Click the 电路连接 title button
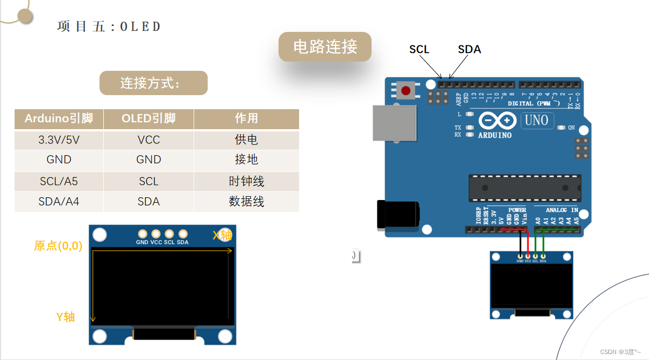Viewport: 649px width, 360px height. click(x=325, y=46)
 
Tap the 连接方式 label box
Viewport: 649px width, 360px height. click(x=154, y=83)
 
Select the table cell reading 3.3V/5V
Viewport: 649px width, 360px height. click(x=59, y=140)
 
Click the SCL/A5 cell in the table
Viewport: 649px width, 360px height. click(x=59, y=182)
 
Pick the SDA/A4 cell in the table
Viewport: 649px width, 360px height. click(x=59, y=202)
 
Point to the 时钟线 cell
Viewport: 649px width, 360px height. click(x=246, y=182)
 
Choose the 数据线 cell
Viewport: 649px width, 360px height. click(x=246, y=202)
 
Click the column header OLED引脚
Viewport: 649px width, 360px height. click(x=149, y=118)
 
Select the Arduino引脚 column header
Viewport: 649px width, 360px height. click(x=59, y=118)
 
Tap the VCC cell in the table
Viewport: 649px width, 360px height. click(x=149, y=140)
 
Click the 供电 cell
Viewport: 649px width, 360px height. click(x=246, y=140)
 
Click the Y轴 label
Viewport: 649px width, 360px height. click(x=65, y=317)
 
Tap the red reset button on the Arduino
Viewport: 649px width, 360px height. click(x=406, y=90)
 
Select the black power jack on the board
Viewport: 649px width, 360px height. click(x=398, y=214)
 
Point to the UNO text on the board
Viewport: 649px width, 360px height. click(x=536, y=120)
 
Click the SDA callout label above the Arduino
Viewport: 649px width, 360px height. click(x=469, y=49)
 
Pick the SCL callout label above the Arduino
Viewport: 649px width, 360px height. click(x=419, y=49)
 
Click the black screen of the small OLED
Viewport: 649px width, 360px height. click(x=531, y=285)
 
